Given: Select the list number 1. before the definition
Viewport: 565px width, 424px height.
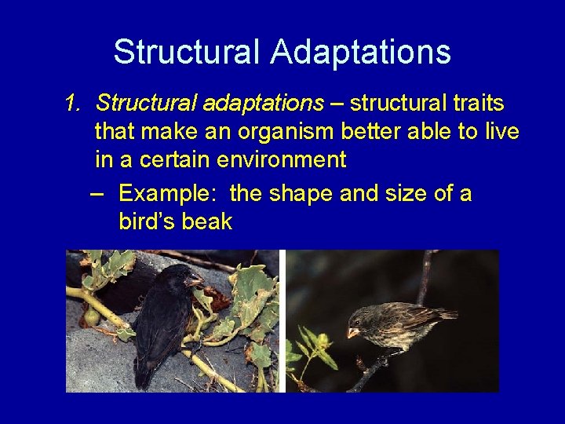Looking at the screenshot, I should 75,104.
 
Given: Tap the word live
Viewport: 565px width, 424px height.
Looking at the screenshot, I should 502,131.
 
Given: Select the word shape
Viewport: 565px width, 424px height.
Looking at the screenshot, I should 302,193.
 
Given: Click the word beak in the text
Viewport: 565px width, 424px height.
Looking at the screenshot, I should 206,221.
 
